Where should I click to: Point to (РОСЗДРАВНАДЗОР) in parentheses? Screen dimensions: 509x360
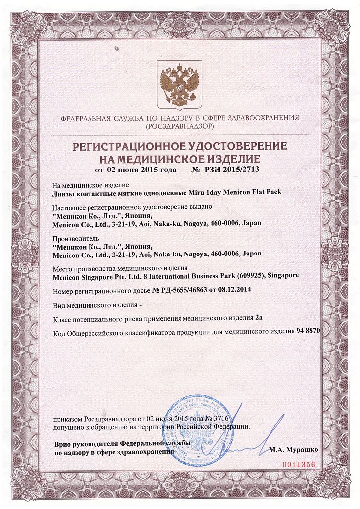(180, 127)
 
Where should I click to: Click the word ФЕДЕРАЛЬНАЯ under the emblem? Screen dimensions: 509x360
(86, 119)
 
